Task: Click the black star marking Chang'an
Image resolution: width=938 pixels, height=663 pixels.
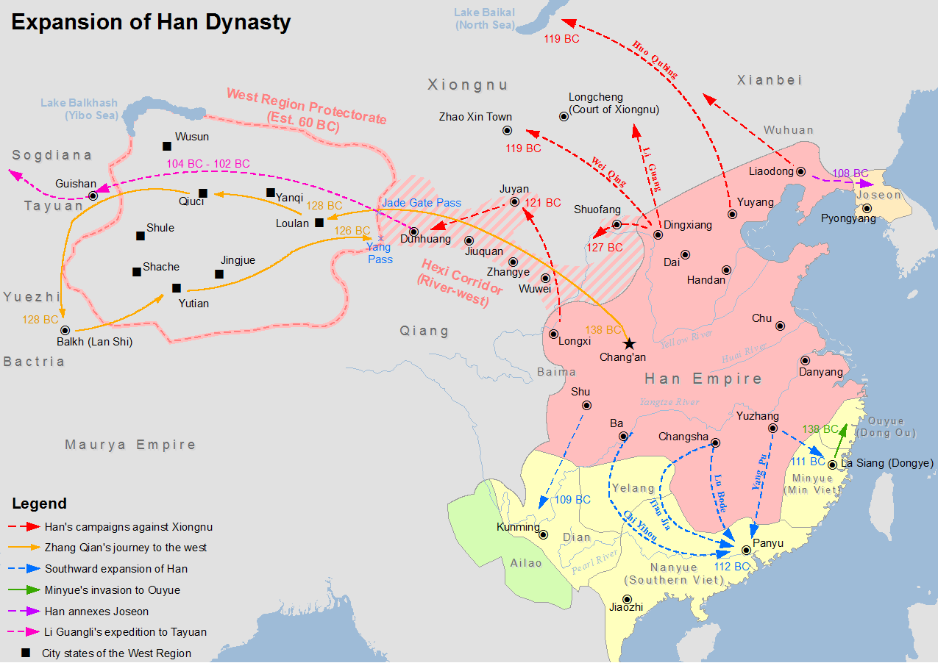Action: tap(628, 343)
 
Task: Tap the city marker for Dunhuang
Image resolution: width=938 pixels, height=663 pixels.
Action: tap(413, 232)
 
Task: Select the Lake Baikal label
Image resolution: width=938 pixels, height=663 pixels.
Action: tap(484, 19)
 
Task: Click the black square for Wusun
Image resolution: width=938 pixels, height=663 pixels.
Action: tap(167, 146)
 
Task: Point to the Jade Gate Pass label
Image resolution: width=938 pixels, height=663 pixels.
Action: tap(422, 203)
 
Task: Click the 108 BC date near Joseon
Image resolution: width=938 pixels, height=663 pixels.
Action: tap(850, 173)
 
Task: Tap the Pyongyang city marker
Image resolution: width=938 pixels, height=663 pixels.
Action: tap(867, 208)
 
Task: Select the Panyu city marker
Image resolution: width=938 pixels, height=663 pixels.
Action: tap(747, 550)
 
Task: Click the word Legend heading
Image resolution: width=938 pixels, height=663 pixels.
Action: tap(39, 503)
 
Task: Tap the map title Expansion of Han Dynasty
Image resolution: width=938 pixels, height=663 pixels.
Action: tap(151, 21)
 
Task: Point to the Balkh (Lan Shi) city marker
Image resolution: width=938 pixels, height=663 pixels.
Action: tap(65, 331)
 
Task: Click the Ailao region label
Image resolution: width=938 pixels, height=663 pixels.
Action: tap(525, 563)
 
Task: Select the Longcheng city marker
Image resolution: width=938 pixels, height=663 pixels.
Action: tap(564, 116)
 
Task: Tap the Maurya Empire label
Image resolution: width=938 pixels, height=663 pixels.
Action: tap(130, 445)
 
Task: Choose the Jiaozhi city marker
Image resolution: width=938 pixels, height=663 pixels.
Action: tap(627, 600)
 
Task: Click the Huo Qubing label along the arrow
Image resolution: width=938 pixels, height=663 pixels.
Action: tap(654, 60)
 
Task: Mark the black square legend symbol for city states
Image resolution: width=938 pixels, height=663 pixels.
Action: tap(26, 653)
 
